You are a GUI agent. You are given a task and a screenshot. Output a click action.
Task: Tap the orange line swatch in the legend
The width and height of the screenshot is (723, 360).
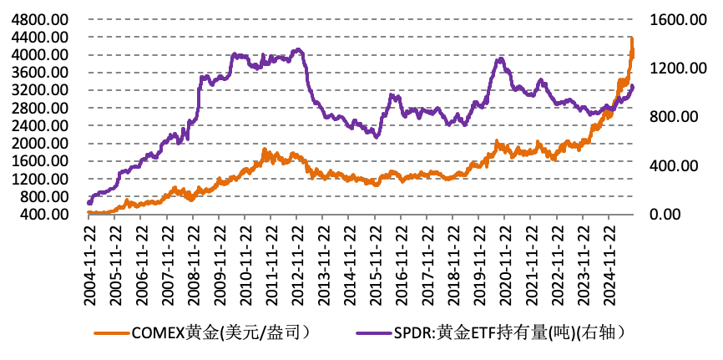[109, 333]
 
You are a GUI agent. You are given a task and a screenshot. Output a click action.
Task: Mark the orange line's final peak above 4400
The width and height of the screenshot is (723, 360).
[632, 38]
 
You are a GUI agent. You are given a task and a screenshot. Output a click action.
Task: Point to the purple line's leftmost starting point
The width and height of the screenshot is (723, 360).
[89, 202]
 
